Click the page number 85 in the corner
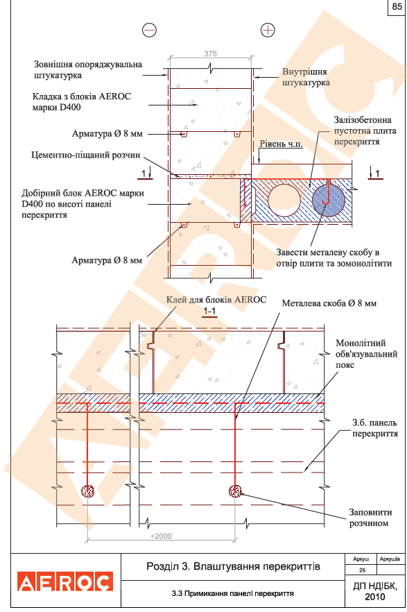[x=397, y=7]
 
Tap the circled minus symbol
[x=149, y=30]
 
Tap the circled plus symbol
[x=268, y=30]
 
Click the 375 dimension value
[x=210, y=53]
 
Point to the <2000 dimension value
[x=161, y=536]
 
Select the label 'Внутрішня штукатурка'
[x=306, y=77]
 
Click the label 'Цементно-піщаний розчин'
[x=86, y=155]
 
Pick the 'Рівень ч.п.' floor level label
[x=281, y=144]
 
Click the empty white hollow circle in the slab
[x=284, y=201]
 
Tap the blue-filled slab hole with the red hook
[x=329, y=201]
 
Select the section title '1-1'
[x=209, y=311]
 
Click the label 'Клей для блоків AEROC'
[x=216, y=300]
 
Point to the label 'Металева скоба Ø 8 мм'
[x=329, y=303]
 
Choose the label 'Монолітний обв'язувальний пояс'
[x=367, y=354]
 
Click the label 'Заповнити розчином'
[x=370, y=518]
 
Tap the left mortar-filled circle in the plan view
[x=88, y=491]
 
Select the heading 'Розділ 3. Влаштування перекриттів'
[x=233, y=566]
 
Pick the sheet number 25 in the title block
[x=362, y=570]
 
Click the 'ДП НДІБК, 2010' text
[x=375, y=591]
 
